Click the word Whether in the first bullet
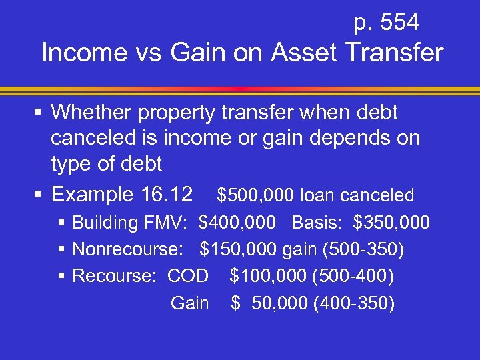click(x=91, y=113)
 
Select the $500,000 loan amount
click(x=257, y=195)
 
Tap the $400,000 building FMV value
click(x=237, y=221)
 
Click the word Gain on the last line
click(x=189, y=303)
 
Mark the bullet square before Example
click(x=37, y=195)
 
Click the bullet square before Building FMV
click(x=62, y=222)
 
